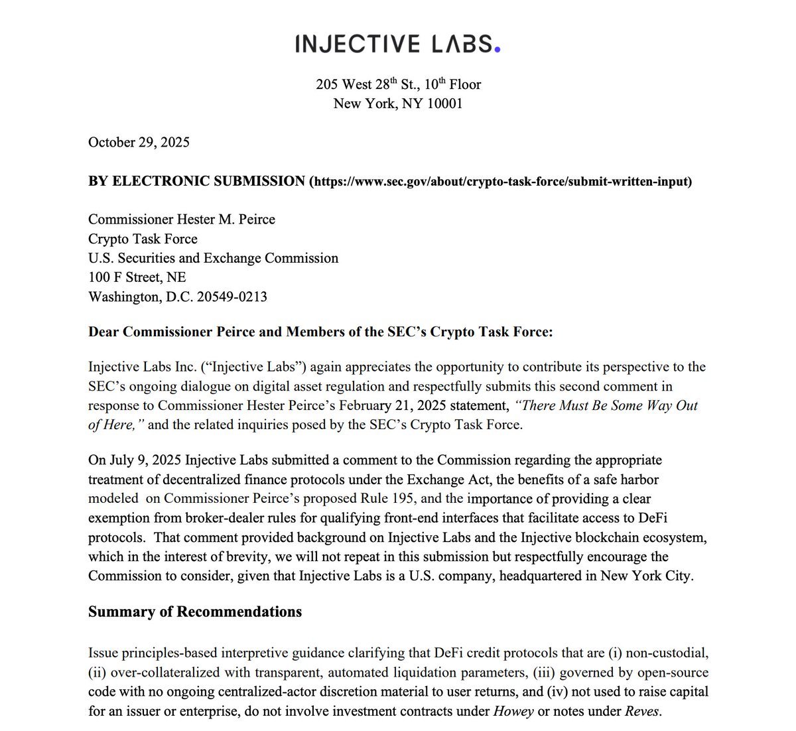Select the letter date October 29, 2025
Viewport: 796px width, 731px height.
[139, 142]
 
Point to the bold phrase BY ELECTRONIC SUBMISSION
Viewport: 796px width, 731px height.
[196, 181]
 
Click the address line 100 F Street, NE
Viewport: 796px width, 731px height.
[137, 277]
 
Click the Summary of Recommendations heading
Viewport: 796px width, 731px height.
[194, 611]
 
